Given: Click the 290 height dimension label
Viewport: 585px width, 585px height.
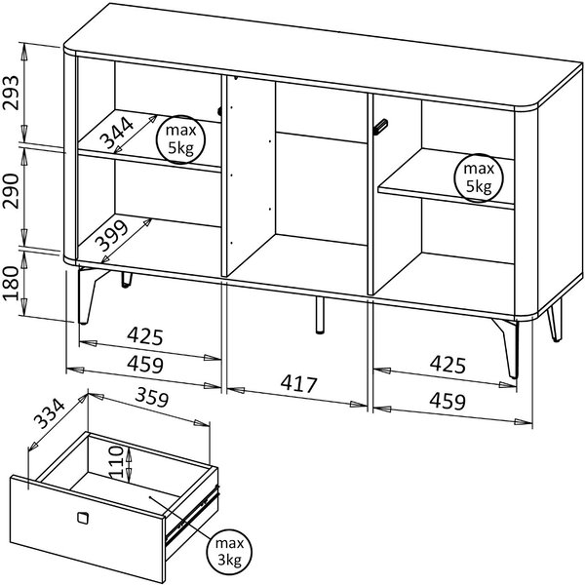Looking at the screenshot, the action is [11, 191].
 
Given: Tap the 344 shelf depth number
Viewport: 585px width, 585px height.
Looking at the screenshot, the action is [117, 133].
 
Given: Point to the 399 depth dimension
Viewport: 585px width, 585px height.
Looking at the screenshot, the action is [111, 236].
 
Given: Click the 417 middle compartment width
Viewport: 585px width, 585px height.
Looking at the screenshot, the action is [299, 383].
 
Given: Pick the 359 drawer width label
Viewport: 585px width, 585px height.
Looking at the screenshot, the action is [152, 397].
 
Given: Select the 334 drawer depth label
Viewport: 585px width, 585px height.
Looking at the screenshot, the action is [50, 413].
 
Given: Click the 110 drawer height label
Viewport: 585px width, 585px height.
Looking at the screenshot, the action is [116, 462].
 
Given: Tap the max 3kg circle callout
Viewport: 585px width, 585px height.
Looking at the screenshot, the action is [230, 551].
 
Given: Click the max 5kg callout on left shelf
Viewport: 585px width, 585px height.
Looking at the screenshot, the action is [181, 139].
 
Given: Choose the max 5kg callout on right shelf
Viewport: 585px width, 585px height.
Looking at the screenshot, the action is [479, 178].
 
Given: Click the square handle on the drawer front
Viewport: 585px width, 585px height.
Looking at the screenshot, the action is [83, 518].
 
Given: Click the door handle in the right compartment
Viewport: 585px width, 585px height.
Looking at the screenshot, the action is [381, 126].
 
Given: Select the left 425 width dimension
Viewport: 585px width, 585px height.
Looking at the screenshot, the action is [145, 336].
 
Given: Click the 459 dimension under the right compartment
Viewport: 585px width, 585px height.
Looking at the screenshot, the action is [448, 401].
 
